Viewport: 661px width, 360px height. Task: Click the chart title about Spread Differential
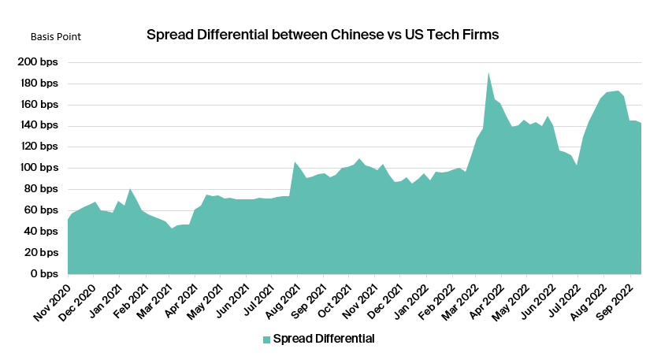[x=323, y=35]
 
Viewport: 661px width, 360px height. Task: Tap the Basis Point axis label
[x=55, y=36]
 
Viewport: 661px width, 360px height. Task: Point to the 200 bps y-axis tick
[x=39, y=62]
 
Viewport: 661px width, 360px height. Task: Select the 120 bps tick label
[x=39, y=147]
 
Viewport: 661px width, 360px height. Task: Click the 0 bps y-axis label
[x=45, y=274]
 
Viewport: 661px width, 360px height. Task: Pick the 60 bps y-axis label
[x=42, y=210]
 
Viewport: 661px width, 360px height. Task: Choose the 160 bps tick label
[x=39, y=105]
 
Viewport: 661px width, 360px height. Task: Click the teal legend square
[x=266, y=340]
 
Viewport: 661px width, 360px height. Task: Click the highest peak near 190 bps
[x=488, y=72]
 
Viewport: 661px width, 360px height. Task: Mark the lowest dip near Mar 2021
[x=171, y=228]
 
